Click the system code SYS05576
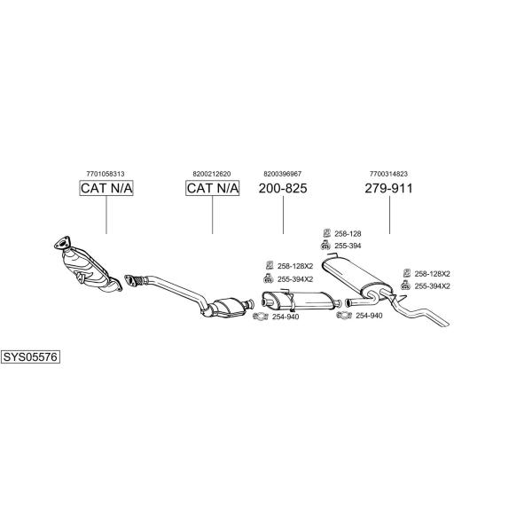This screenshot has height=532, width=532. [30, 357]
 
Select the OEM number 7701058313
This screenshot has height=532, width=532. [106, 174]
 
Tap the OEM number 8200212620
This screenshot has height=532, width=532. [212, 174]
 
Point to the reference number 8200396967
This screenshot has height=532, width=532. [283, 174]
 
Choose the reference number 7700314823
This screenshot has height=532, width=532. [388, 174]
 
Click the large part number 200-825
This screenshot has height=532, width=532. [283, 188]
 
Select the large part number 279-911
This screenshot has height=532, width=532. [389, 188]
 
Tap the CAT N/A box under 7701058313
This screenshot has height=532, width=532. [106, 188]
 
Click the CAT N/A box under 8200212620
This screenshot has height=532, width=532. [213, 188]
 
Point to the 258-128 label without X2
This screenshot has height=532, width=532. [348, 234]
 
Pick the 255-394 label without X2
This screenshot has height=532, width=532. [348, 246]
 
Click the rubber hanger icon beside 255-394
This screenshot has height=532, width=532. [325, 246]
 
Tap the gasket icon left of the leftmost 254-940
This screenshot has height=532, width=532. [260, 317]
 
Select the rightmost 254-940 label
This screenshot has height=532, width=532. [369, 316]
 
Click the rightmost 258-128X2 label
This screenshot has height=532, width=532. [433, 274]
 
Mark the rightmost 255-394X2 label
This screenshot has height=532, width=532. [433, 286]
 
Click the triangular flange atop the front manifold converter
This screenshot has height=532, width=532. [62, 242]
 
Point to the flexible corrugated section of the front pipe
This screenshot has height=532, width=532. [139, 281]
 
